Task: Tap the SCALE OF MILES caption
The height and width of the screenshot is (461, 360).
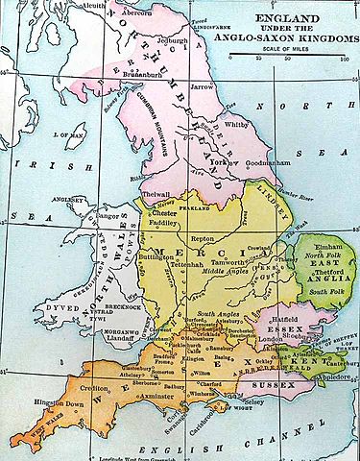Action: tap(300, 49)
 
